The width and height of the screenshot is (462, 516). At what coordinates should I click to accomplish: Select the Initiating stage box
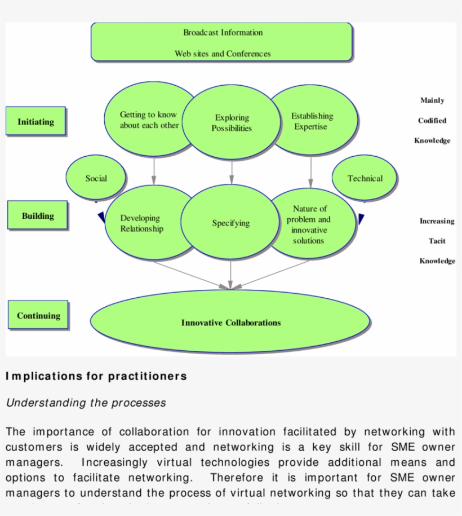click(x=36, y=121)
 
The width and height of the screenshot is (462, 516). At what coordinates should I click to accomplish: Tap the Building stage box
click(x=38, y=215)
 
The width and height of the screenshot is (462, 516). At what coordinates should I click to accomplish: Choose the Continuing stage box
click(x=38, y=315)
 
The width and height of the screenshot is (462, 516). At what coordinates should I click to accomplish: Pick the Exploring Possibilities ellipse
click(x=232, y=123)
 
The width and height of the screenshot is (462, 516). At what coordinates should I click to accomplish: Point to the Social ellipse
click(x=96, y=178)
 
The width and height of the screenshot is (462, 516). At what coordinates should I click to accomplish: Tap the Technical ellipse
click(x=365, y=178)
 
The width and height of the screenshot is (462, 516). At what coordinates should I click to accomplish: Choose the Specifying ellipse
click(x=230, y=223)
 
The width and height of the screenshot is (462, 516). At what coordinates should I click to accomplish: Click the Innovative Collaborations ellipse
click(x=230, y=323)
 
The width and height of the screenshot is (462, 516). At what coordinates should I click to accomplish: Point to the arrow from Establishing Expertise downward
click(x=310, y=171)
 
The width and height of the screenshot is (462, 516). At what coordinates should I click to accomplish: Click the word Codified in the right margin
click(x=432, y=121)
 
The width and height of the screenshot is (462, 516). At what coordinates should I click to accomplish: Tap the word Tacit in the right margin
click(x=437, y=241)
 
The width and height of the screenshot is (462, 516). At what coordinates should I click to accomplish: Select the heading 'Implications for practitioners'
click(x=96, y=376)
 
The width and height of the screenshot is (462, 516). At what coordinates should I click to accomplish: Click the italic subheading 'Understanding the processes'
click(x=86, y=403)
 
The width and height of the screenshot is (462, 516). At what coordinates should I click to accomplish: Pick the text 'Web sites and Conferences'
click(x=223, y=54)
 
